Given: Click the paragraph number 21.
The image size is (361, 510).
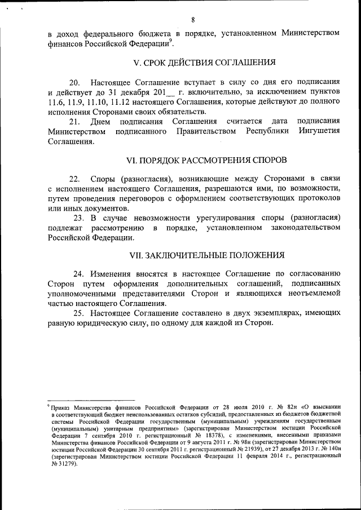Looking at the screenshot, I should [x=75, y=121].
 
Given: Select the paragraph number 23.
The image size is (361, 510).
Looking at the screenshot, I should [x=80, y=218].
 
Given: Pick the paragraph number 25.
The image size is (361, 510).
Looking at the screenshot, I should [x=80, y=313].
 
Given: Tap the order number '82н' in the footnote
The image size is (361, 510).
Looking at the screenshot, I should [x=281, y=406].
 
